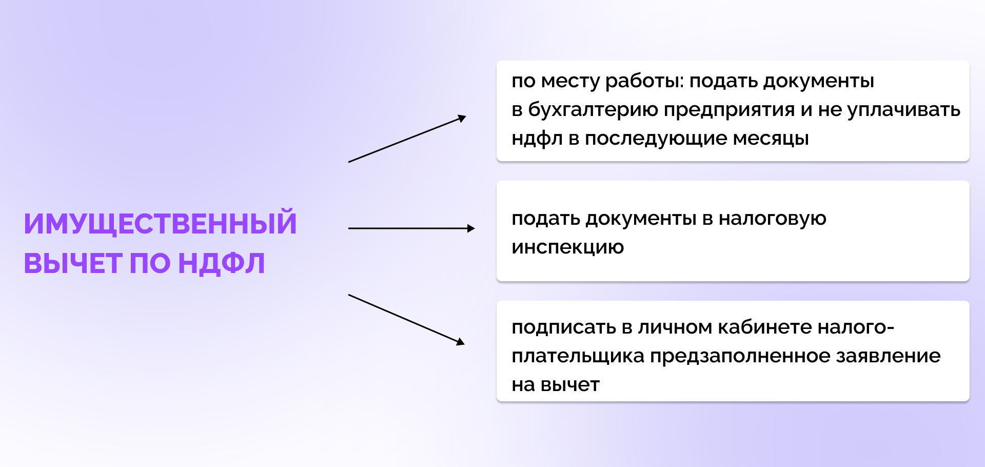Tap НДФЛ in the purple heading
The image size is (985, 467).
pyautogui.click(x=221, y=263)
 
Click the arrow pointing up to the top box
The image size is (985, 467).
pyautogui.click(x=407, y=139)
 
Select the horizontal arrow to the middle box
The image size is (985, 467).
pyautogui.click(x=411, y=228)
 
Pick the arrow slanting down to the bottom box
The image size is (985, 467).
pyautogui.click(x=406, y=319)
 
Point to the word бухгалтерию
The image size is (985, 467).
pyautogui.click(x=593, y=110)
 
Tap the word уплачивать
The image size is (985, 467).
pyautogui.click(x=903, y=110)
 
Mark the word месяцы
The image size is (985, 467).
pyautogui.click(x=771, y=139)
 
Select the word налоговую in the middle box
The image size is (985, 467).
pyautogui.click(x=772, y=219)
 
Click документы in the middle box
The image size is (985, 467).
pyautogui.click(x=641, y=219)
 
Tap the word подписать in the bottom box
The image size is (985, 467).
pyautogui.click(x=564, y=327)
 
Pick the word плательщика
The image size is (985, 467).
pyautogui.click(x=578, y=356)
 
